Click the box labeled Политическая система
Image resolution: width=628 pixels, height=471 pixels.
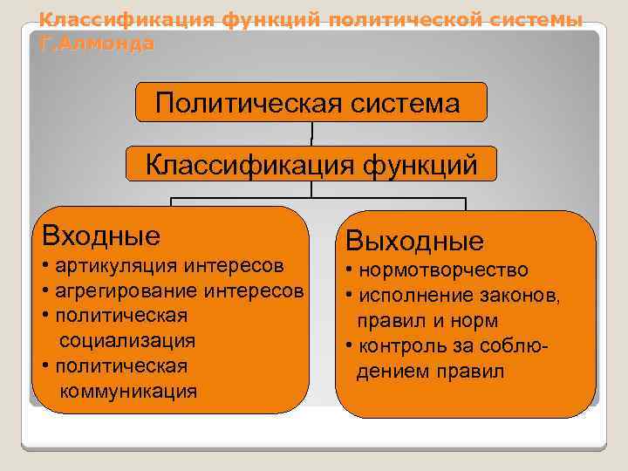coord(311,103)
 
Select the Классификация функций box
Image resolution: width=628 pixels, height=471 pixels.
coord(311,164)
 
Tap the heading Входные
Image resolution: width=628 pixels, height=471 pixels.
coord(96,235)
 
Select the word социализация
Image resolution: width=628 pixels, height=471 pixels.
coord(126,340)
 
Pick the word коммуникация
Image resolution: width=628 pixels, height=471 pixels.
coord(128,391)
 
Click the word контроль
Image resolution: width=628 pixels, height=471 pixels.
coord(392,346)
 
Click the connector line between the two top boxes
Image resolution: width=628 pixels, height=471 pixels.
coord(311,133)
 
